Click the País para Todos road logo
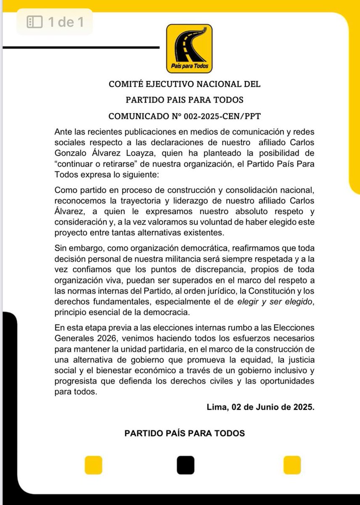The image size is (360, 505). [x=189, y=48]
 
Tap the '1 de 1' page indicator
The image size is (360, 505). [x=55, y=22]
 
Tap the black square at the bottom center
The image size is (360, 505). [x=185, y=465]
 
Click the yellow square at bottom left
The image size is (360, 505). [x=94, y=465]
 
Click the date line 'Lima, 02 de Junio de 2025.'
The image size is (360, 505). [x=261, y=407]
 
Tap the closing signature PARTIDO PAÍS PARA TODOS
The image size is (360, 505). [x=185, y=433]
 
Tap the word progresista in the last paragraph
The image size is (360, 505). [x=75, y=381]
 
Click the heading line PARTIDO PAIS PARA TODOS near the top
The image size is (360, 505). [x=185, y=100]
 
